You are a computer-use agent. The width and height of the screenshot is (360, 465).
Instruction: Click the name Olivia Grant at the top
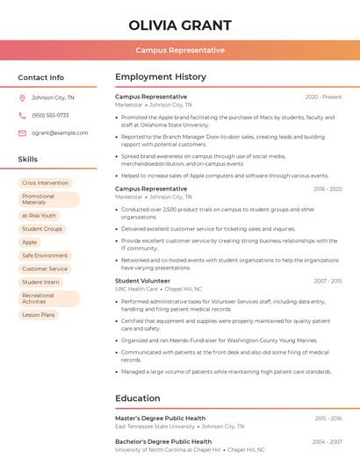click(180, 25)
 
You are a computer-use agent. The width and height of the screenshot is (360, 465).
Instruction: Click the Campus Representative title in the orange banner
click(180, 50)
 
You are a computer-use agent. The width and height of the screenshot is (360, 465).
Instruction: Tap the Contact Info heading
click(40, 77)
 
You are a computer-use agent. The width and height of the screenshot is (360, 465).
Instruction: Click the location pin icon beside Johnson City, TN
click(22, 97)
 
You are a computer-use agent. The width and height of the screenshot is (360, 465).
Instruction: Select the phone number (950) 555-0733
click(50, 115)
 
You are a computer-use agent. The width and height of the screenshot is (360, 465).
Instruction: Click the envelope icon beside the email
click(22, 132)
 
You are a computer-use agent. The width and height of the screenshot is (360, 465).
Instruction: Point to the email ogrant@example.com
click(60, 132)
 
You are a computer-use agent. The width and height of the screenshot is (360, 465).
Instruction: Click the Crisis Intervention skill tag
click(45, 182)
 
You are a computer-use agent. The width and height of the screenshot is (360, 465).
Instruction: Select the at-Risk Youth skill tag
click(39, 215)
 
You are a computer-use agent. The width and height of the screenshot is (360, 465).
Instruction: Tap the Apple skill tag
click(30, 242)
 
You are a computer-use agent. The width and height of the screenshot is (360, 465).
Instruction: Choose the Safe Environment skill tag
click(45, 255)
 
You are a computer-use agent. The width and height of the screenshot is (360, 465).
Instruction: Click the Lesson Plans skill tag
click(39, 314)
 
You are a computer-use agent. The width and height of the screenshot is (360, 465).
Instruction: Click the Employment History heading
click(161, 77)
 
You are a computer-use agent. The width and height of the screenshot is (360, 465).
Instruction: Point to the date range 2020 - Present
click(323, 97)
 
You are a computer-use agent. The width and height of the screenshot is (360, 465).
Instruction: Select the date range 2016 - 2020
click(327, 189)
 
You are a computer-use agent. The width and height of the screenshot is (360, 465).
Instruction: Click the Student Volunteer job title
click(143, 281)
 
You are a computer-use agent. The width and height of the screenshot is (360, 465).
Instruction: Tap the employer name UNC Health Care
click(136, 289)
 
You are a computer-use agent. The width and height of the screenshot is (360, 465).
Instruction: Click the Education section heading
click(138, 398)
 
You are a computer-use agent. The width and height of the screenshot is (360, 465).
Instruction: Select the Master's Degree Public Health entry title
click(160, 418)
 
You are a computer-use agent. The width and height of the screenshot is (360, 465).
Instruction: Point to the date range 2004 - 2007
click(327, 442)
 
